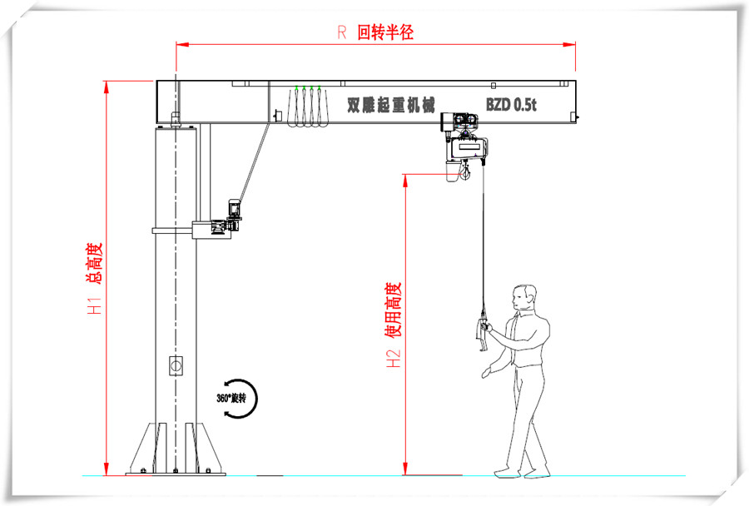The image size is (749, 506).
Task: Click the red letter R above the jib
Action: pyautogui.click(x=341, y=32)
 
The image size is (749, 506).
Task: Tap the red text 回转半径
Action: pyautogui.click(x=385, y=32)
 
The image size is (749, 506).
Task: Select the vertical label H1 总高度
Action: pyautogui.click(x=94, y=279)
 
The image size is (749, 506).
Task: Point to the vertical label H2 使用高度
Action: pyautogui.click(x=393, y=325)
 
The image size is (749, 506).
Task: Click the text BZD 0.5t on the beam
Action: pyautogui.click(x=511, y=105)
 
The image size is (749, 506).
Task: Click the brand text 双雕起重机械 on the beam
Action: pyautogui.click(x=391, y=105)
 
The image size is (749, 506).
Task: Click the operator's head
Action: pyautogui.click(x=524, y=298)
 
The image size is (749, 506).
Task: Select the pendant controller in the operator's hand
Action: pyautogui.click(x=483, y=330)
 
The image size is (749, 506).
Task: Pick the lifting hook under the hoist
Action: pyautogui.click(x=464, y=171)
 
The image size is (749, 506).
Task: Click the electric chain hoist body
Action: pyautogui.click(x=468, y=148)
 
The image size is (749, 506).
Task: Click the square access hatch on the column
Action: pyautogui.click(x=176, y=366)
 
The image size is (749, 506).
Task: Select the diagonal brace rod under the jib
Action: pyautogui.click(x=254, y=162)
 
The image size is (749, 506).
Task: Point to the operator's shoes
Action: pyautogui.click(x=522, y=474)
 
